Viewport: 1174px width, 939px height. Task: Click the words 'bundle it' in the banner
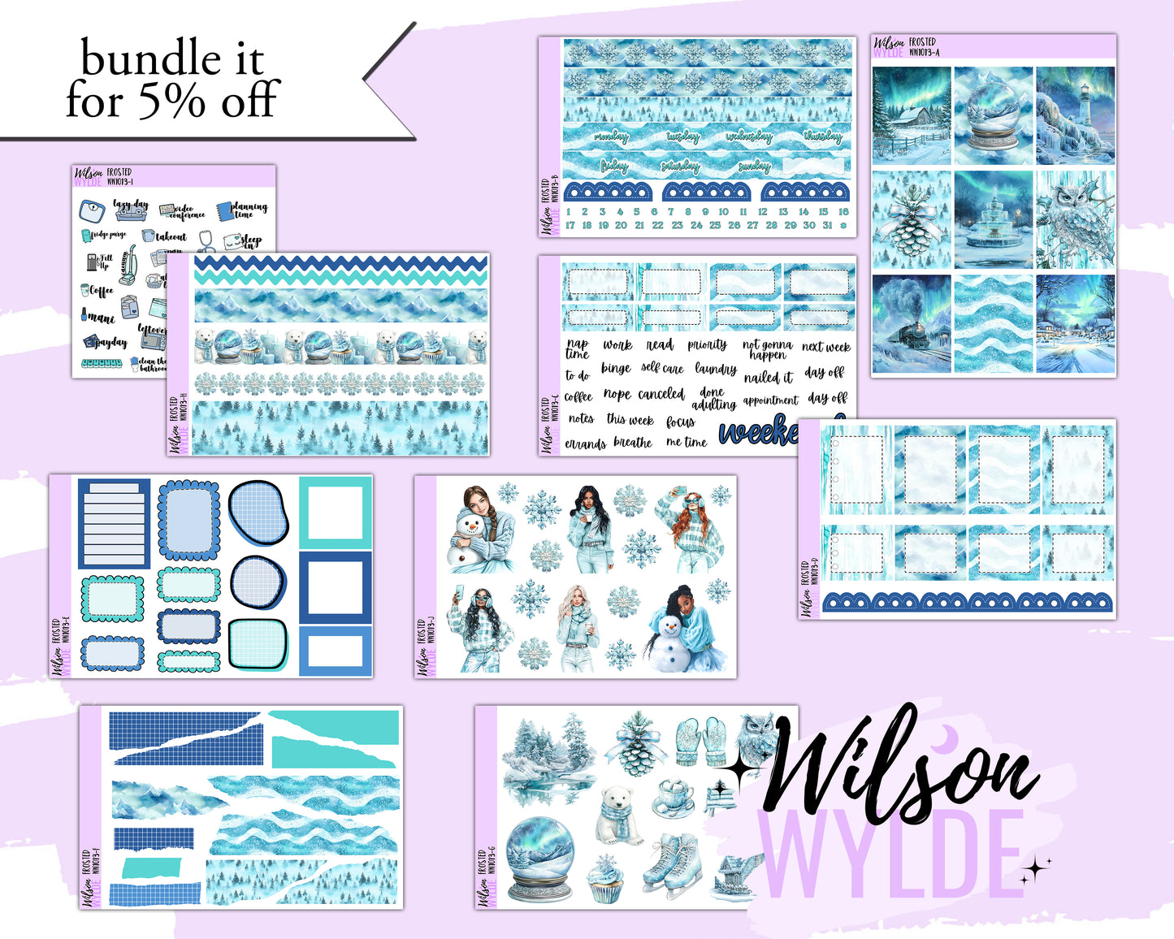[172, 59]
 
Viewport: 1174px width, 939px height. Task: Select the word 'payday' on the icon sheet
[110, 343]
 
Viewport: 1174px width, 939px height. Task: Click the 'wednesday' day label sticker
[748, 137]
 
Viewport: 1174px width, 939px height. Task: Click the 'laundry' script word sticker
[716, 369]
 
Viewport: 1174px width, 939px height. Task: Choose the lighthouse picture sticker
[1075, 115]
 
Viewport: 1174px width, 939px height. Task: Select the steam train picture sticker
[911, 324]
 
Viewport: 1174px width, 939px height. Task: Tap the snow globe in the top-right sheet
[993, 115]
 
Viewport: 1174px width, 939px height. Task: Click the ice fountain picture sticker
[993, 219]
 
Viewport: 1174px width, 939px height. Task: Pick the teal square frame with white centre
[335, 513]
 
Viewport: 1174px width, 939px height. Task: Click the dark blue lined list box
[114, 523]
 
